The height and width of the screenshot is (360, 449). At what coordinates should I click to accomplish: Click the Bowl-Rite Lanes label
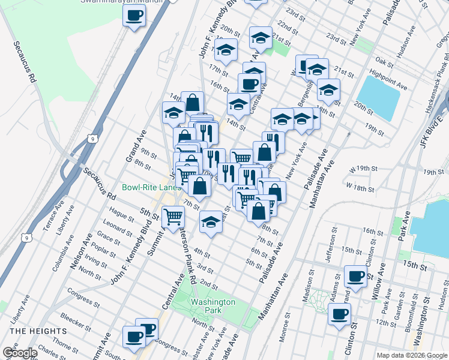click(x=151, y=187)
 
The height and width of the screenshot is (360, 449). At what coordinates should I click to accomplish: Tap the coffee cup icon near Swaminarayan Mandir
click(x=134, y=16)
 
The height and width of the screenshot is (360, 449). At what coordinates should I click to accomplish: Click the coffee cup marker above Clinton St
click(x=340, y=313)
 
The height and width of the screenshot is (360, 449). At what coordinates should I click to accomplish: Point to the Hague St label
click(x=121, y=217)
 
